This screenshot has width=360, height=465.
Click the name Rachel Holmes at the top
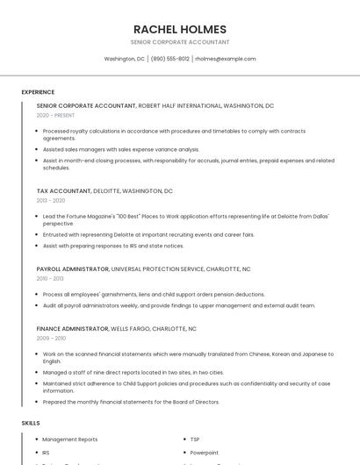tap(179, 29)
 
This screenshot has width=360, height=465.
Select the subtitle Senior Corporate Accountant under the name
tap(179, 42)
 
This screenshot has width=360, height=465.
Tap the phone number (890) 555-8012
tap(169, 59)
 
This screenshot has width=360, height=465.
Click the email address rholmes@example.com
tap(225, 59)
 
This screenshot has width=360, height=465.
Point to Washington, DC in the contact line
tap(124, 59)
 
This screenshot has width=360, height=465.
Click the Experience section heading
tap(38, 92)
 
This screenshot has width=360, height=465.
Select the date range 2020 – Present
tap(55, 115)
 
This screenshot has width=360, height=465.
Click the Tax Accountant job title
tap(63, 190)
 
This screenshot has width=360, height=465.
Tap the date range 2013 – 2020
tap(51, 200)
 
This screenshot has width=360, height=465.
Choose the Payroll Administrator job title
tap(73, 268)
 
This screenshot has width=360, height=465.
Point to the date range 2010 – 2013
tap(51, 278)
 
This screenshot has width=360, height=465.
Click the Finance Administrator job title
tap(72, 328)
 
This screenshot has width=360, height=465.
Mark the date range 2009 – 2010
tap(51, 338)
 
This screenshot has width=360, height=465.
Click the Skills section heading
tap(30, 423)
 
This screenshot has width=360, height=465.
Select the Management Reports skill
tap(69, 439)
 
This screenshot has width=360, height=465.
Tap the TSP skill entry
tap(195, 439)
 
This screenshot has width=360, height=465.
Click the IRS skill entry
tap(46, 453)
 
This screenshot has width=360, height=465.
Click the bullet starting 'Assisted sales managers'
tap(121, 149)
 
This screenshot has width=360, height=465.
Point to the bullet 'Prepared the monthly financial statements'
tap(131, 402)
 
